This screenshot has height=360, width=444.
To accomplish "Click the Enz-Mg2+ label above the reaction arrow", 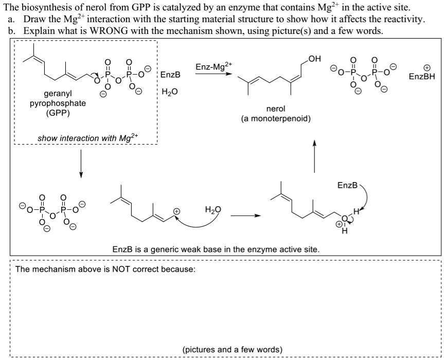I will coord(214,67).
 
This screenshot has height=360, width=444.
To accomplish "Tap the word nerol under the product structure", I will coord(276,109).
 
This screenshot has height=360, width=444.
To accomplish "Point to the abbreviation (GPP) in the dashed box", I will coord(58,113).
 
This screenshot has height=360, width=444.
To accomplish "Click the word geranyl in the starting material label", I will coord(58,95).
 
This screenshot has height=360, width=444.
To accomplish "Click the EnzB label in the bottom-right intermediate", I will coord(346,184).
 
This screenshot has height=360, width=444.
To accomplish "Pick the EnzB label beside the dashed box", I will coord(171,75).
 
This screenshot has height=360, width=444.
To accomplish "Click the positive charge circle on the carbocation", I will coord(176,211).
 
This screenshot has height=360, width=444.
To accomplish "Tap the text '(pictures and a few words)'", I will coord(233,350).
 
